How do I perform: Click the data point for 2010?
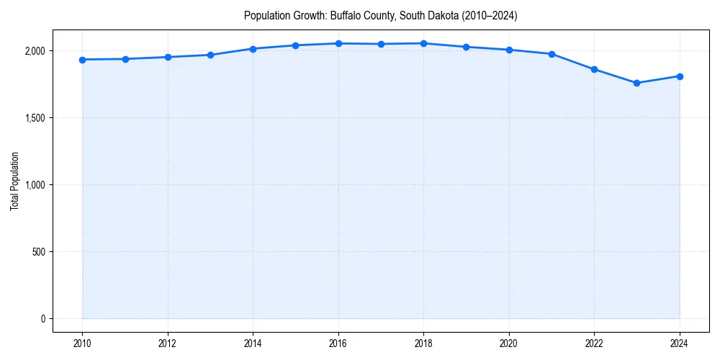(83, 60)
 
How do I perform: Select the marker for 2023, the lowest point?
(637, 83)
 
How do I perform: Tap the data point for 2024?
(680, 76)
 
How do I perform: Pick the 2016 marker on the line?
(338, 43)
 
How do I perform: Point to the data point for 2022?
(594, 69)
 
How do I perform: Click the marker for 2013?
(210, 55)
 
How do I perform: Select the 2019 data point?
(467, 47)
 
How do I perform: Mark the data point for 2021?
(552, 54)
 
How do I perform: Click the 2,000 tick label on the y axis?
(34, 51)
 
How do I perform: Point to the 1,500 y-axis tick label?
(34, 118)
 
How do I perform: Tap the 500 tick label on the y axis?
(37, 252)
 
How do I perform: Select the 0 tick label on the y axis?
(42, 319)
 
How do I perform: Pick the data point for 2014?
(253, 49)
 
